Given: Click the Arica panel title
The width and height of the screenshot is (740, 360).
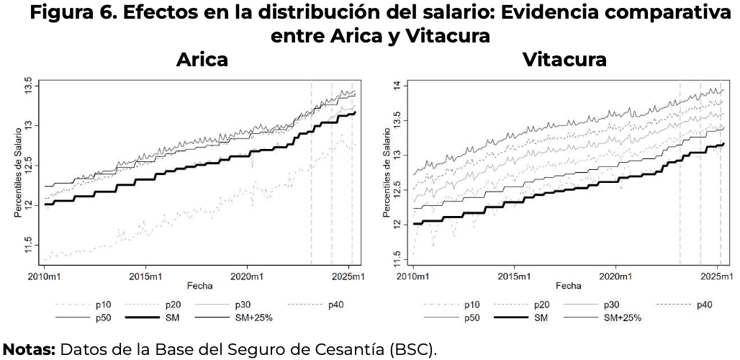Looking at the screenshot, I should tap(202, 60).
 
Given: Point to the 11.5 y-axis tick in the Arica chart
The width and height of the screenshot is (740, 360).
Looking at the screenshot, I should tap(28, 240).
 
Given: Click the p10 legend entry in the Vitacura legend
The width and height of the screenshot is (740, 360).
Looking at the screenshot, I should tap(472, 305).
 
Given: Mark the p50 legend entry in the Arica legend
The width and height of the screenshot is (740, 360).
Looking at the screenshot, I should tap(103, 317).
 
